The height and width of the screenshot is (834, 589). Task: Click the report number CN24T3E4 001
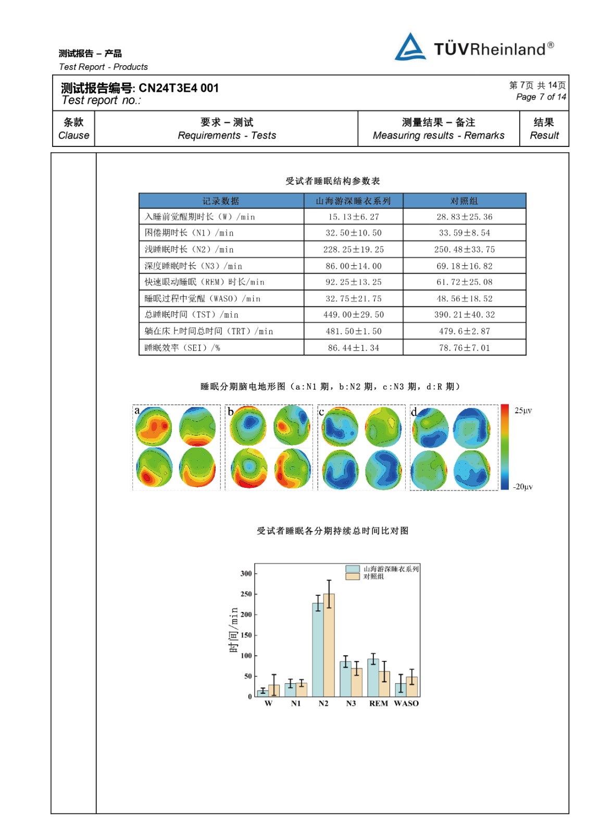(x=178, y=88)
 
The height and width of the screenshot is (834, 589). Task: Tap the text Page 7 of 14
(x=541, y=97)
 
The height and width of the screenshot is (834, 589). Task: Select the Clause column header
(x=73, y=128)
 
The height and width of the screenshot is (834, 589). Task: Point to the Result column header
(x=544, y=128)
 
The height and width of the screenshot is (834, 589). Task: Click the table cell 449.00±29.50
(x=353, y=315)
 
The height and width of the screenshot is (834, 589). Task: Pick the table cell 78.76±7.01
(x=464, y=348)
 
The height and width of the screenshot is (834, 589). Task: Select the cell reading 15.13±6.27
(x=353, y=217)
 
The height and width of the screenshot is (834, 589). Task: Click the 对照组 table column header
(x=464, y=201)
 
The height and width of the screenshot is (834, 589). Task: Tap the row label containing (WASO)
(x=203, y=299)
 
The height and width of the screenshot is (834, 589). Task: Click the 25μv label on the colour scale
(x=523, y=410)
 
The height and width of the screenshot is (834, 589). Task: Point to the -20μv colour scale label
(x=523, y=487)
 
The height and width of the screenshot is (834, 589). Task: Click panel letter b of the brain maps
(x=231, y=411)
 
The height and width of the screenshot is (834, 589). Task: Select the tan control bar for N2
(x=329, y=645)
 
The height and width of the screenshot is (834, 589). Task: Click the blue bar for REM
(x=373, y=678)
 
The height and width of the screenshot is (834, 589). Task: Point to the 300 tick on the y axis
(x=246, y=573)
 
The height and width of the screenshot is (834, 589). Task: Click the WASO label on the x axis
(x=406, y=703)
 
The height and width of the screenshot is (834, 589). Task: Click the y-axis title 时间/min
(x=233, y=630)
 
